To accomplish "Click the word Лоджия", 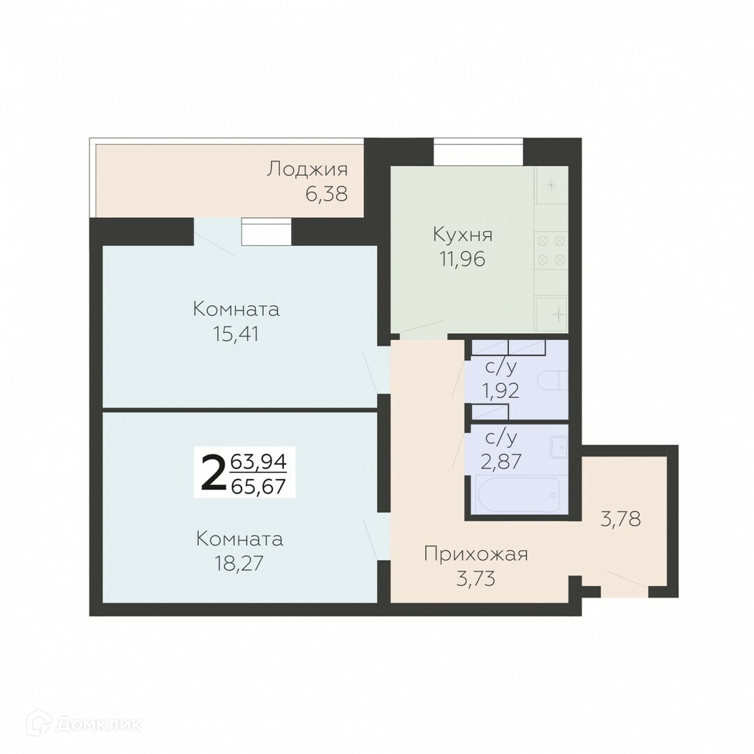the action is point(307,169).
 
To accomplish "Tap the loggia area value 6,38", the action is point(327,194).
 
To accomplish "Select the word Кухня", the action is point(463,235).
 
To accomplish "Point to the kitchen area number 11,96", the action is point(462,259).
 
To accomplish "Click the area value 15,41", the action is point(236,334).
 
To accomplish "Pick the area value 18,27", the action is point(239,563).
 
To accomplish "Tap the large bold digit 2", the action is point(213,473).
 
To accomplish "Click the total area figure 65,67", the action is point(259,487).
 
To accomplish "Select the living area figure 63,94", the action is point(259,462).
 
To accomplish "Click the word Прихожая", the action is point(476,554).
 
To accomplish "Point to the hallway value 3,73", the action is point(475,579).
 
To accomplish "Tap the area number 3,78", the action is point(621,519).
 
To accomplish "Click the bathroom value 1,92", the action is point(501,391).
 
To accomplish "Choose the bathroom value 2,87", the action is point(501,461).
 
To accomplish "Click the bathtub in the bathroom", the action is point(516,494).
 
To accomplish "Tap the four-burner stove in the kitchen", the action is point(551,250).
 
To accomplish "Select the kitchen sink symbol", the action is point(552,314).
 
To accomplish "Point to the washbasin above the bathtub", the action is point(560,448).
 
